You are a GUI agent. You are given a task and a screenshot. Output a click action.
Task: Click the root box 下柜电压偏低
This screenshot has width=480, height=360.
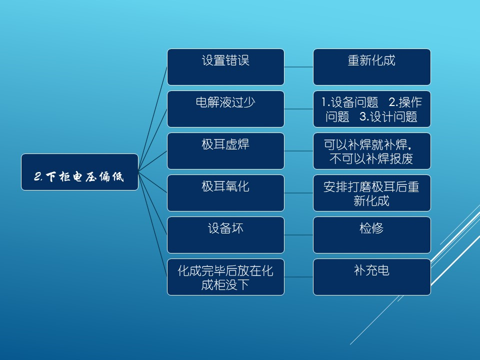79,172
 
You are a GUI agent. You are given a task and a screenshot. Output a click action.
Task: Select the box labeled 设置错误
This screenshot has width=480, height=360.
225,67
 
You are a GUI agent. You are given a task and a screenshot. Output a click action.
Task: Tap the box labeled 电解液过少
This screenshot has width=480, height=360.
225,109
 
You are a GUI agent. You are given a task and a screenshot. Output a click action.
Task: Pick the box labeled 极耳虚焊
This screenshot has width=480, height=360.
225,151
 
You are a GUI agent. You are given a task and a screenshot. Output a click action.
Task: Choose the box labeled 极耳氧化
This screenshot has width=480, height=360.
225,193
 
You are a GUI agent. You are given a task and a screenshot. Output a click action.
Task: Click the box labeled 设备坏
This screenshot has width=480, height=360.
225,235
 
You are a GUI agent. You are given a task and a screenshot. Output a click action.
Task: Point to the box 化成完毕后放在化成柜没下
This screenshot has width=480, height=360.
225,277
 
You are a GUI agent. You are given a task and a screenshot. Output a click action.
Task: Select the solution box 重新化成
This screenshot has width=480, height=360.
372,67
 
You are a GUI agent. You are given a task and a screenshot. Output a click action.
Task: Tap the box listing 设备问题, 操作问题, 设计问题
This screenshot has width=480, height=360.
372,109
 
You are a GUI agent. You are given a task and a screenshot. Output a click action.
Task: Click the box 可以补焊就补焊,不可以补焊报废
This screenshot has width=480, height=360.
372,151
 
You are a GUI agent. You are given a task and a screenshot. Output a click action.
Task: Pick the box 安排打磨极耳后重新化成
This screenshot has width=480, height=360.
372,193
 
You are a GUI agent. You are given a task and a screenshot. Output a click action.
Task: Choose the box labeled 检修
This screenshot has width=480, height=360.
372,235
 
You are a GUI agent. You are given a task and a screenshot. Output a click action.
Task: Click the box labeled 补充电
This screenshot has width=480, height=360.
372,277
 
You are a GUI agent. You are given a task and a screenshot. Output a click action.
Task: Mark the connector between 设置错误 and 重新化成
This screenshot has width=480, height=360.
299,67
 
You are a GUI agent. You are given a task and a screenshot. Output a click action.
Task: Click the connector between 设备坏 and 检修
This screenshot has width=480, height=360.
299,235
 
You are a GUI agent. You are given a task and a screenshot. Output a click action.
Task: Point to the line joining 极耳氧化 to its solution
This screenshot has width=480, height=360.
299,193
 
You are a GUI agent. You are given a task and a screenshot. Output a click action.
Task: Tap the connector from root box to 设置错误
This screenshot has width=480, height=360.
153,119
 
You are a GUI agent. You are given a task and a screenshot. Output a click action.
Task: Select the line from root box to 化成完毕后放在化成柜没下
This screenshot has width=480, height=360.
153,224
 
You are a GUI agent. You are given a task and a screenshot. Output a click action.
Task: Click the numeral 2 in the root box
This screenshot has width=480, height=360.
37,176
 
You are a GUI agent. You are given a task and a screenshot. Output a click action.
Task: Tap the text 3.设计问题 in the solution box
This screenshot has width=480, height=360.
388,116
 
